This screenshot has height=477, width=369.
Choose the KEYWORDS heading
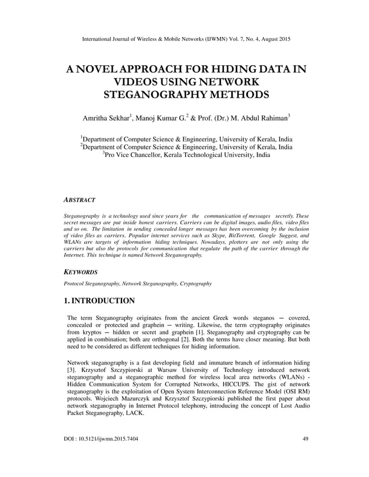click(80, 271)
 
